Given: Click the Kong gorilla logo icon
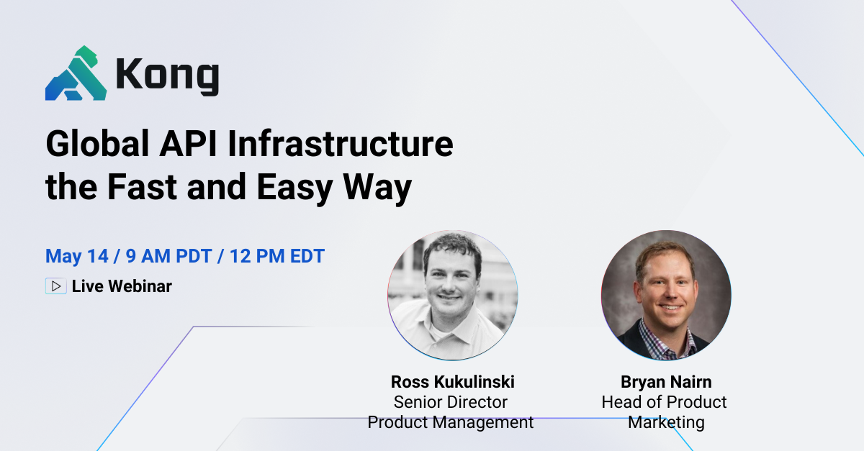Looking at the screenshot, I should [76, 73].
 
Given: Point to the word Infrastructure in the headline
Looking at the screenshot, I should [341, 145].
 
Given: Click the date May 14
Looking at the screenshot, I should [73, 256].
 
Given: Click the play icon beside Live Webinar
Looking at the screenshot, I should [55, 286].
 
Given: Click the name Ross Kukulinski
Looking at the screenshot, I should [452, 381].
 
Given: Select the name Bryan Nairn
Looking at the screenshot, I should [665, 381].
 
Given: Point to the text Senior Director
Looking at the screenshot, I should [451, 402].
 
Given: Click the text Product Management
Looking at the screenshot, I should [451, 422].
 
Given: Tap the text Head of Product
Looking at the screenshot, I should [665, 402].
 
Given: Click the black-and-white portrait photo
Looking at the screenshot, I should [452, 296].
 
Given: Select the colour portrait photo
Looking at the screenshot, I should [666, 296].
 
